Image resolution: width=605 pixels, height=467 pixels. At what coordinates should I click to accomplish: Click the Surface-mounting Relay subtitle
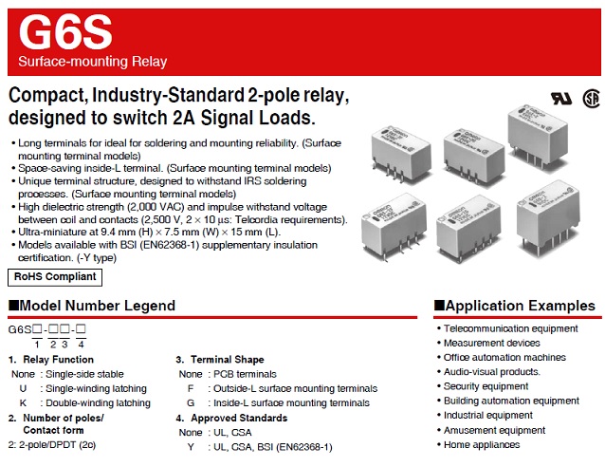(x=93, y=63)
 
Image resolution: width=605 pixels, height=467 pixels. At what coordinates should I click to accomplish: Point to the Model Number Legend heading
(x=92, y=306)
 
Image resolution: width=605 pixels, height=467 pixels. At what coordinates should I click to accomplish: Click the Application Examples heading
(x=515, y=306)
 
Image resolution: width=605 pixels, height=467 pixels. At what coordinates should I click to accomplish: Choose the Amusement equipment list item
(x=495, y=430)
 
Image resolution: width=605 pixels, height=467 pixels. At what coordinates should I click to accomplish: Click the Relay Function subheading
(x=57, y=360)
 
